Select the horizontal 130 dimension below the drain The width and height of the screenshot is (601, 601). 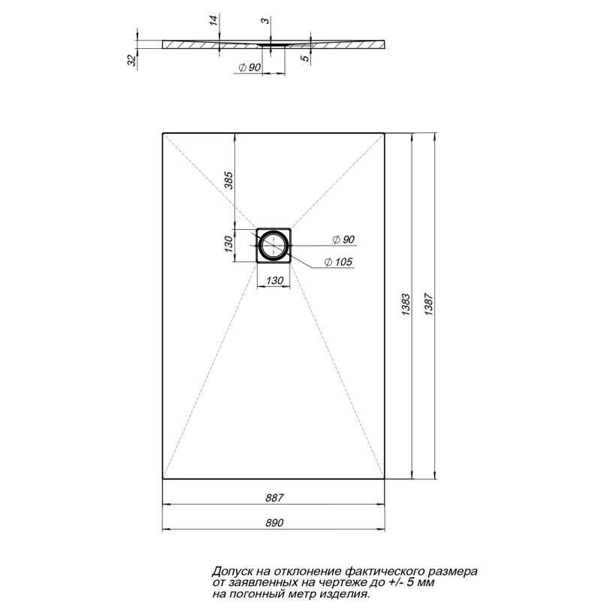pos(275,280)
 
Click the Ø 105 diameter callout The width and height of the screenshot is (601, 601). pos(340,261)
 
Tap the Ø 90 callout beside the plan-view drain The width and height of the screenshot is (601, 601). pos(339,239)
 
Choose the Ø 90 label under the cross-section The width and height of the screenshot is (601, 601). pos(249,68)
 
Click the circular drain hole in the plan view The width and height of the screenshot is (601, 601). pos(273,246)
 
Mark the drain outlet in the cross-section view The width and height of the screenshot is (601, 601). pos(273,45)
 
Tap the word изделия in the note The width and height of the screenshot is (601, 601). pos(344,593)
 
